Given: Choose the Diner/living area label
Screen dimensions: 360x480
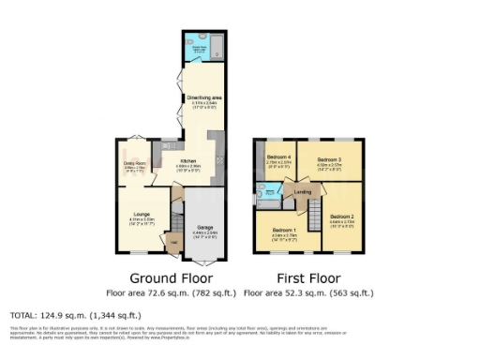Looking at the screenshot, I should (202, 97).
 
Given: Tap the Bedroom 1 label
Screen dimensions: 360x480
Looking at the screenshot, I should (283, 230).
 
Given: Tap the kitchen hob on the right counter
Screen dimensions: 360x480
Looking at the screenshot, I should (220, 161).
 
